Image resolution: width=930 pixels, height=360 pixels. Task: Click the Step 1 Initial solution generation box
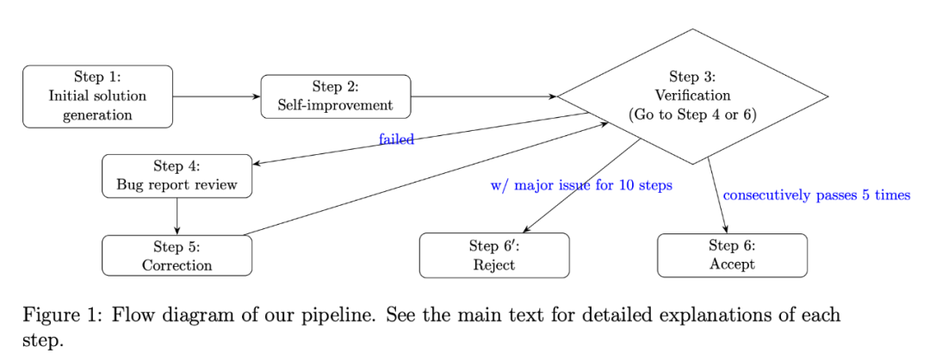97,96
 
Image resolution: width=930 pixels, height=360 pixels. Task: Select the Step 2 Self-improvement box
336,96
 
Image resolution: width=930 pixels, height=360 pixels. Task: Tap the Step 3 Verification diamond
692,96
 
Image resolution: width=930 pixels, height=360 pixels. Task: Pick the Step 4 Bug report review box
177,177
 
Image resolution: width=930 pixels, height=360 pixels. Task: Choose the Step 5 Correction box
177,256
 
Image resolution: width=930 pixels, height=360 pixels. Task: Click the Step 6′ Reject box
494,256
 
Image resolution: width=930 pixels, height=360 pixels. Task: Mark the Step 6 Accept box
733,256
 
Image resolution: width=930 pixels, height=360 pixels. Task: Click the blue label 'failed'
396,140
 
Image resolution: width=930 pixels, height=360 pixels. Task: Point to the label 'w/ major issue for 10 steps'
581,186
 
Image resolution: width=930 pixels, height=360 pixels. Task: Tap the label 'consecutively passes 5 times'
816,196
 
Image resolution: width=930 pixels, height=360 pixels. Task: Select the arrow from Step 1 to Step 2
216,96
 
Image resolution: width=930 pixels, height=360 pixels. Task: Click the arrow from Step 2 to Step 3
484,96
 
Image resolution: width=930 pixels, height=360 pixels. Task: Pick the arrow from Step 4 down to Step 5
177,216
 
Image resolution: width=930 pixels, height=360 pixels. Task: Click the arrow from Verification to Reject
581,186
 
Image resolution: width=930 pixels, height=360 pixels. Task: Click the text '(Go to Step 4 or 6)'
692,115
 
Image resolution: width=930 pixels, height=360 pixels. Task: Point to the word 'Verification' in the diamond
692,95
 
